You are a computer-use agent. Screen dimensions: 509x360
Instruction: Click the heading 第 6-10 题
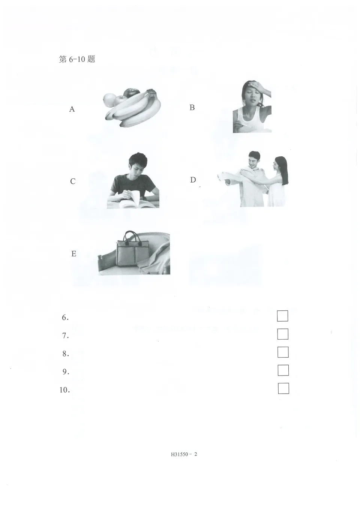(77, 59)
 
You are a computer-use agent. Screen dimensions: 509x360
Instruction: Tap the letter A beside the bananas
(72, 109)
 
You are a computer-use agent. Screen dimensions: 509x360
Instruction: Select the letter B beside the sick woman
(192, 108)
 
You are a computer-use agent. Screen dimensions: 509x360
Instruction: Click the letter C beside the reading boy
(73, 181)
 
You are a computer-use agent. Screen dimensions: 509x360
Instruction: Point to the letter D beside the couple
(193, 180)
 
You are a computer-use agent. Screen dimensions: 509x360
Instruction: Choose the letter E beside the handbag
(73, 254)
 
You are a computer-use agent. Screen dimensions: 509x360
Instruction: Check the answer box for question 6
(282, 316)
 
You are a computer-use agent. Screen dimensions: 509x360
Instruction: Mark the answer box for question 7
(283, 334)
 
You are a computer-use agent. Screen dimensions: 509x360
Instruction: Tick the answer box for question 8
(283, 352)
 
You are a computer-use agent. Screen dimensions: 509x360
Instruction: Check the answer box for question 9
(283, 370)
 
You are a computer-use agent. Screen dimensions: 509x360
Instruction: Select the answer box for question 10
(283, 388)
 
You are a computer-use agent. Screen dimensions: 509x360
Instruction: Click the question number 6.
(65, 318)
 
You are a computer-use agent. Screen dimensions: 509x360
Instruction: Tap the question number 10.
(64, 390)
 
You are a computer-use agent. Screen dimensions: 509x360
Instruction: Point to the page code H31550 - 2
(184, 454)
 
